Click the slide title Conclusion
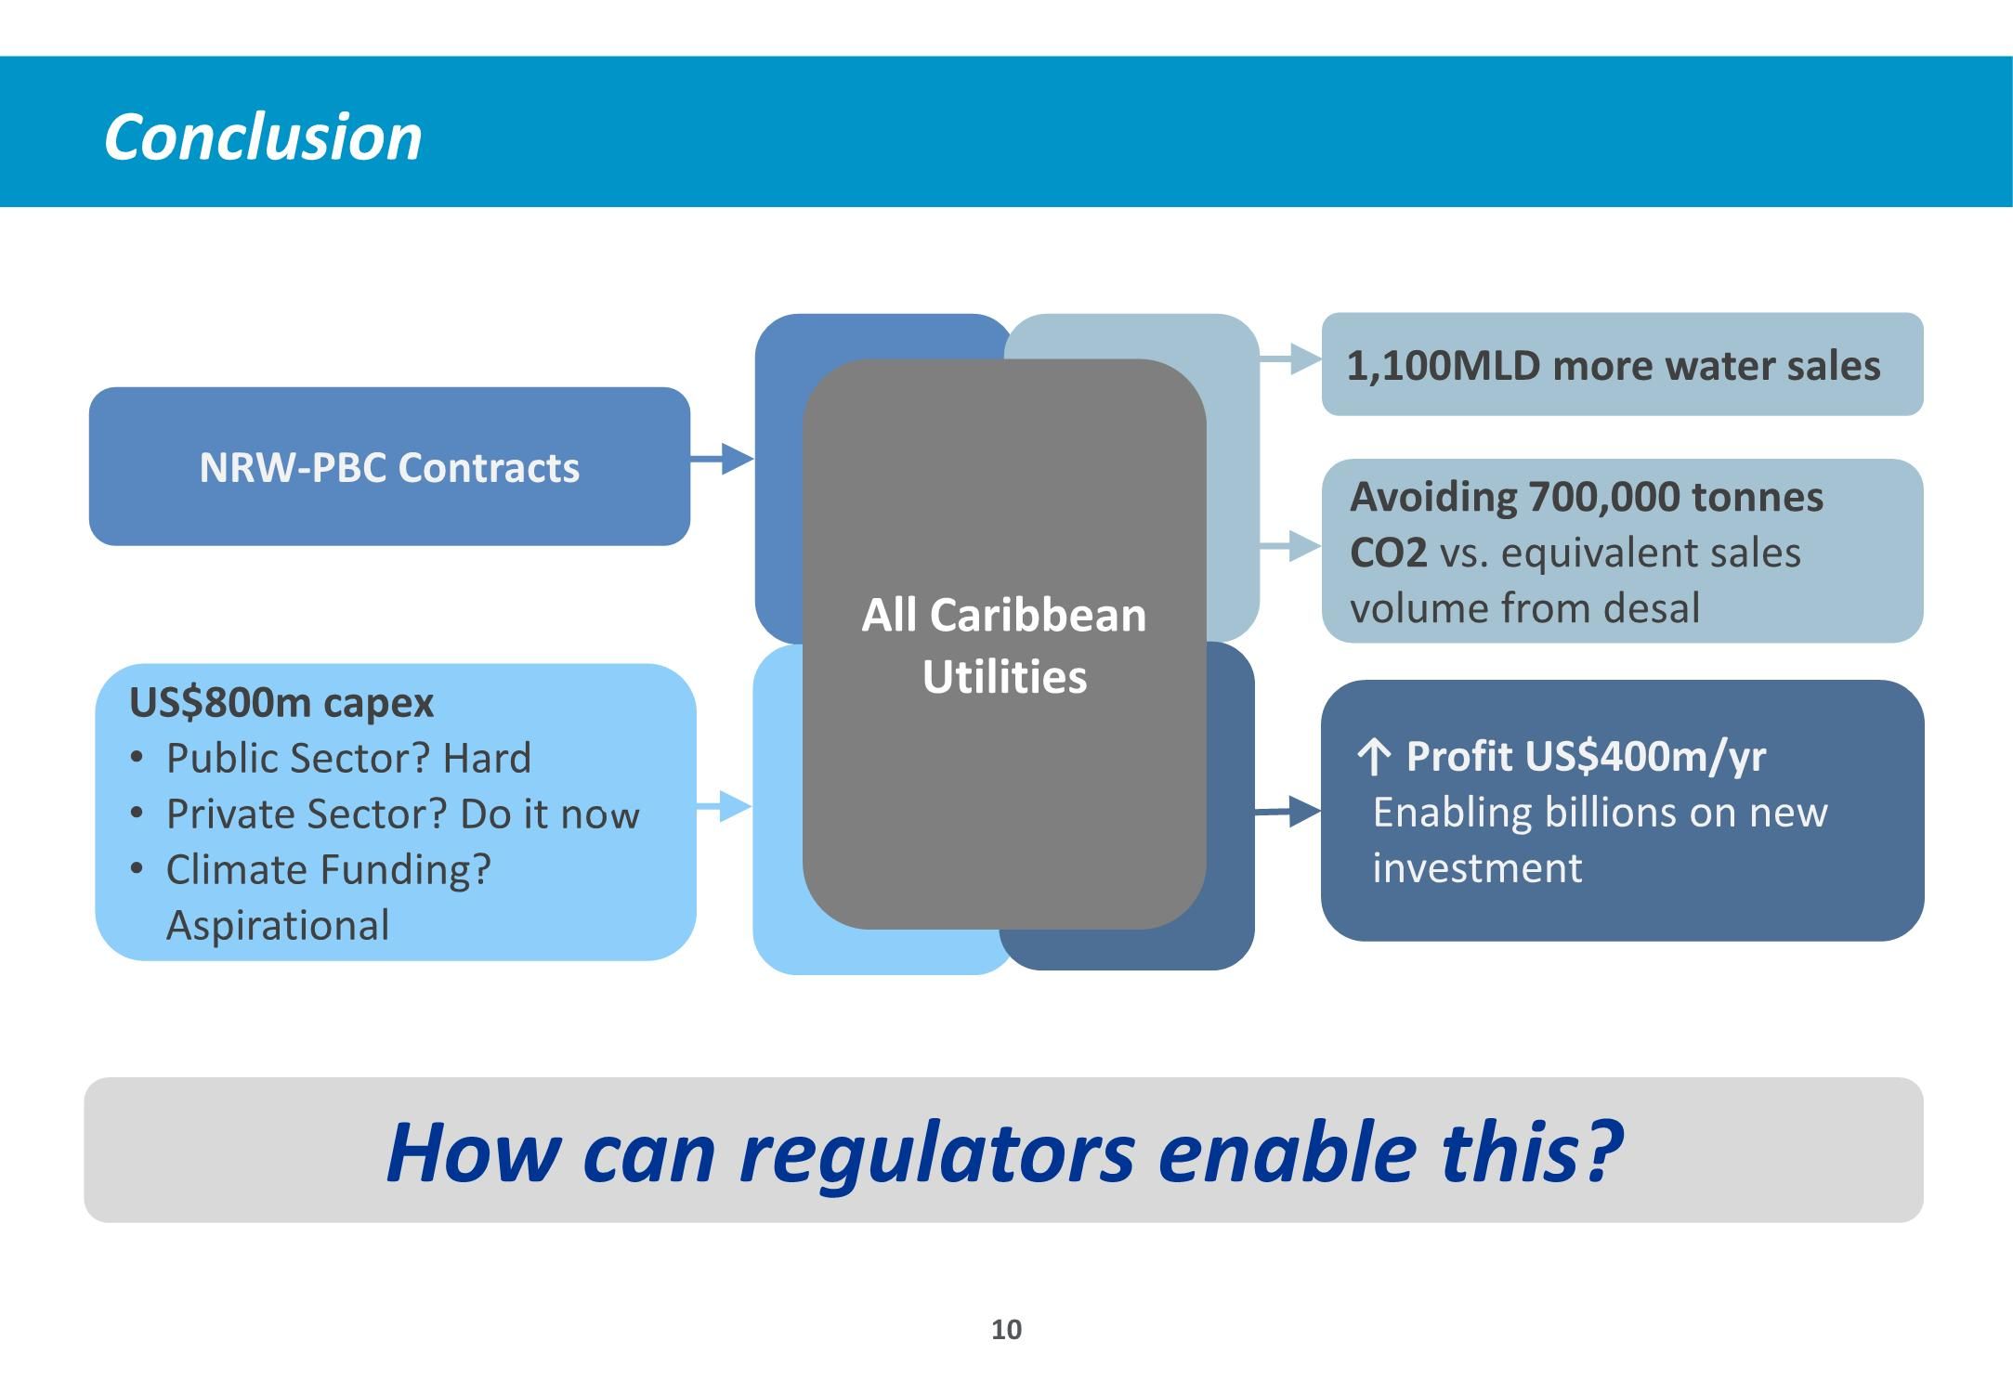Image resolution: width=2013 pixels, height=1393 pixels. pyautogui.click(x=263, y=137)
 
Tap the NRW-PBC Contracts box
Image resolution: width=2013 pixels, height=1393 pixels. pyautogui.click(x=389, y=467)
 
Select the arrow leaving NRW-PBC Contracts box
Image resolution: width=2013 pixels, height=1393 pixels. pyautogui.click(x=723, y=459)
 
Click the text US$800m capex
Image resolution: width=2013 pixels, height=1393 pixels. pyautogui.click(x=281, y=703)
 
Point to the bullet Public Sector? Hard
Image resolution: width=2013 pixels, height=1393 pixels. pyautogui.click(x=348, y=759)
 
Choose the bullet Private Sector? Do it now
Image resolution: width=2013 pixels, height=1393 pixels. pyautogui.click(x=402, y=814)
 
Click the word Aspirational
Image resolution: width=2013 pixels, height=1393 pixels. pyautogui.click(x=278, y=926)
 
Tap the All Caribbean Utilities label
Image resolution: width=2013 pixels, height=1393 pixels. pyautogui.click(x=1004, y=645)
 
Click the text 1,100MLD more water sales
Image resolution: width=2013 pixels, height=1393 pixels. pyautogui.click(x=1614, y=366)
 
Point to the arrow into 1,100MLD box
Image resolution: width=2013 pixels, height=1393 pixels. pyautogui.click(x=1292, y=358)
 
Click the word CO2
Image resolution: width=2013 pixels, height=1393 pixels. pyautogui.click(x=1388, y=553)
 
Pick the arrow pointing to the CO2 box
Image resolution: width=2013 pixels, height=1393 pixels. pyautogui.click(x=1292, y=546)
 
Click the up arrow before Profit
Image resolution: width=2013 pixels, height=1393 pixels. pyautogui.click(x=1374, y=757)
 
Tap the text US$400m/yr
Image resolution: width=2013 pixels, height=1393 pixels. pyautogui.click(x=1644, y=757)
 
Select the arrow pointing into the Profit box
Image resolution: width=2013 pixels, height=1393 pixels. pyautogui.click(x=1288, y=812)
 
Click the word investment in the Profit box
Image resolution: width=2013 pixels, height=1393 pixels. pyautogui.click(x=1477, y=868)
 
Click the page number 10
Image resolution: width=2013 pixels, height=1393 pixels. pyautogui.click(x=1006, y=1330)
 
